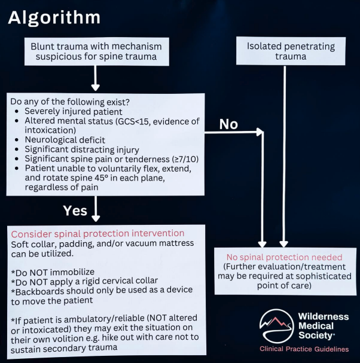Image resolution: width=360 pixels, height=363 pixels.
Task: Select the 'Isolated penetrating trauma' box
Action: [290, 51]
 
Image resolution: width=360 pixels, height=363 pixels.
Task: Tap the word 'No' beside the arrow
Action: [228, 124]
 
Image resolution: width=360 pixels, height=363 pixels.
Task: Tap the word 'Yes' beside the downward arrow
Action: [75, 211]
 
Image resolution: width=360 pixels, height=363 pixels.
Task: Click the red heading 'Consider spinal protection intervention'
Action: [98, 233]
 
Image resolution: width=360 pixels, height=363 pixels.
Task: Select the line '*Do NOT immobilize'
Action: [53, 272]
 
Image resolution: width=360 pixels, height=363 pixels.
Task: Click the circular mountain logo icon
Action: [276, 326]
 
